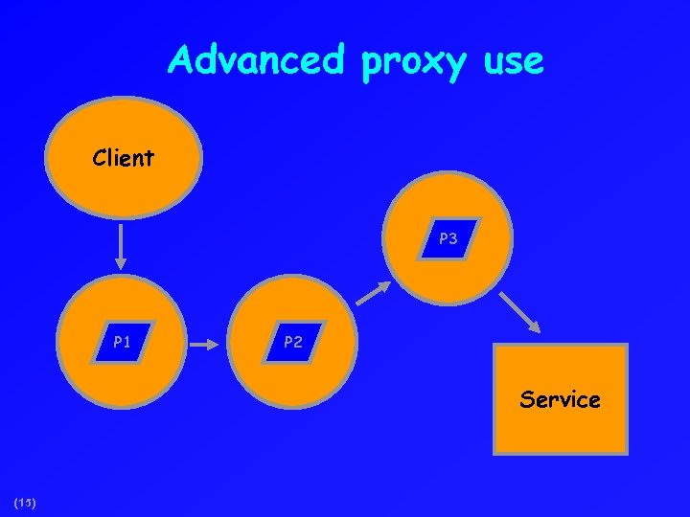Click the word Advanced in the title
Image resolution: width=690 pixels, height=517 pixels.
tap(255, 60)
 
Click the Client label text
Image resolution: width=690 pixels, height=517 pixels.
tap(123, 158)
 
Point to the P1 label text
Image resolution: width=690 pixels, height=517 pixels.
tap(122, 341)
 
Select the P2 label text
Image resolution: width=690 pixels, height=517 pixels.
tap(292, 342)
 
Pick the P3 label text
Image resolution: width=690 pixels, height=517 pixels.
tap(448, 239)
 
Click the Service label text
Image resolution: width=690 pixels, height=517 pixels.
tap(560, 399)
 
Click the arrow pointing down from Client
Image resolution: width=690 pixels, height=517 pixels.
tap(121, 246)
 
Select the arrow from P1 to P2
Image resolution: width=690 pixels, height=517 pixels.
tap(203, 341)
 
